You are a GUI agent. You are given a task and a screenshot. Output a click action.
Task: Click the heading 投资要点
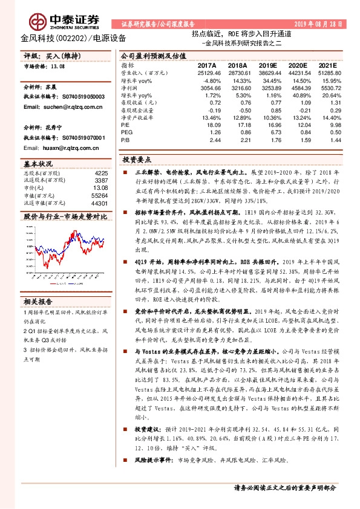(137, 161)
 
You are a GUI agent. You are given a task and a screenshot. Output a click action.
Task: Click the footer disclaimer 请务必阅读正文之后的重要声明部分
(284, 487)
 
